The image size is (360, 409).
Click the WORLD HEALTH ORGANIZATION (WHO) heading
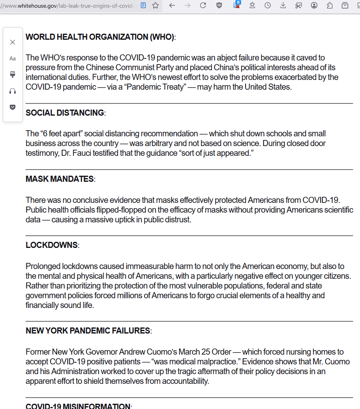point(100,37)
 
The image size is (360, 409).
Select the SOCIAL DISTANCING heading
point(65,113)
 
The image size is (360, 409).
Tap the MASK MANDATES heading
point(60,179)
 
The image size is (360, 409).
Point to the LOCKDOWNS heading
point(52,245)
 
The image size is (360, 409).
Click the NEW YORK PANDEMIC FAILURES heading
point(88,331)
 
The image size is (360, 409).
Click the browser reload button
point(203,5)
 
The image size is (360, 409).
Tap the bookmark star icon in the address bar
point(155,5)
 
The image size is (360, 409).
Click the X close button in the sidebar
point(13,42)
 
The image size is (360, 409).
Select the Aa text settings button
point(13,58)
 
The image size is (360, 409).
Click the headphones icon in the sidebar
point(13,91)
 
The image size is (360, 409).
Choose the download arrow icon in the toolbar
point(283,5)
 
